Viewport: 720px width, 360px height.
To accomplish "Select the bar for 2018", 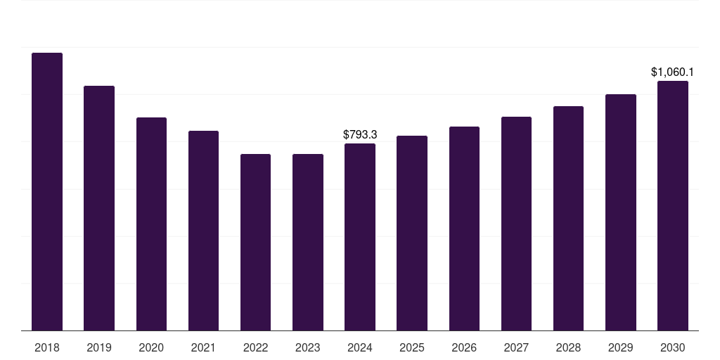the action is click(x=47, y=191).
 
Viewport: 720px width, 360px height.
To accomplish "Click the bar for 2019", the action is click(x=99, y=208).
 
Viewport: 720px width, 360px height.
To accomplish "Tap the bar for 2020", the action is click(x=152, y=224).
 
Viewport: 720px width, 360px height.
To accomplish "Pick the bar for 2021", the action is click(x=203, y=231).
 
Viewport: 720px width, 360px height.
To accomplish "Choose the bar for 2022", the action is click(x=255, y=243).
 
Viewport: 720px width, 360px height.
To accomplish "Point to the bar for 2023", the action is click(x=308, y=243).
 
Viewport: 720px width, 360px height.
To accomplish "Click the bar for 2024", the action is click(x=360, y=237).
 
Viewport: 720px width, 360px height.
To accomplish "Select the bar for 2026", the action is click(x=464, y=229).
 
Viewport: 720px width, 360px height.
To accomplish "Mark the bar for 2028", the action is click(x=568, y=219).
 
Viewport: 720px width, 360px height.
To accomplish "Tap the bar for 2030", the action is click(x=673, y=206).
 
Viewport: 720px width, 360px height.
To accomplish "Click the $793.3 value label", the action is click(x=360, y=134).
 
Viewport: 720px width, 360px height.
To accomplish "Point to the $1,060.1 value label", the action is click(x=672, y=72).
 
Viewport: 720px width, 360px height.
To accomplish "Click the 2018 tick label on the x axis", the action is click(x=47, y=347).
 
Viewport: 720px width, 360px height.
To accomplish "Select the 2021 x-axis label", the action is click(x=203, y=347).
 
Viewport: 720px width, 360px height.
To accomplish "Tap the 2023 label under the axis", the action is click(x=308, y=347).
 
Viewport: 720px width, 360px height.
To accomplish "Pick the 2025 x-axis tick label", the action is click(x=412, y=347).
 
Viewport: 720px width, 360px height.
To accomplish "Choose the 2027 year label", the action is click(x=516, y=347).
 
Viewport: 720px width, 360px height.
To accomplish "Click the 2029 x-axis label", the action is click(x=620, y=347).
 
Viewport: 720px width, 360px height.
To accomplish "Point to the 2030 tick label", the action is click(x=673, y=347).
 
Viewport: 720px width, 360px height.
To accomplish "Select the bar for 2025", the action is click(x=412, y=233).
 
